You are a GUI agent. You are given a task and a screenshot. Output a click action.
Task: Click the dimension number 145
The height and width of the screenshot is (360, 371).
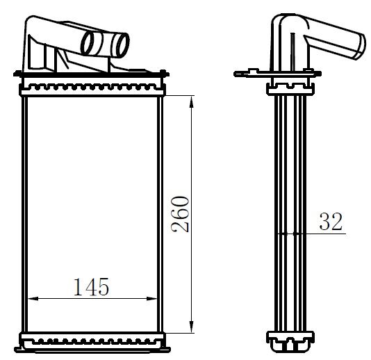point(91,286)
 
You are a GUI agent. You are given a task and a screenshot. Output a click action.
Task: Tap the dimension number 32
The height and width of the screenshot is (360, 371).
point(331,222)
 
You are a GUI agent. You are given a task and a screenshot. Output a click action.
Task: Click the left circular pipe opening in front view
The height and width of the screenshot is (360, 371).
point(91,42)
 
